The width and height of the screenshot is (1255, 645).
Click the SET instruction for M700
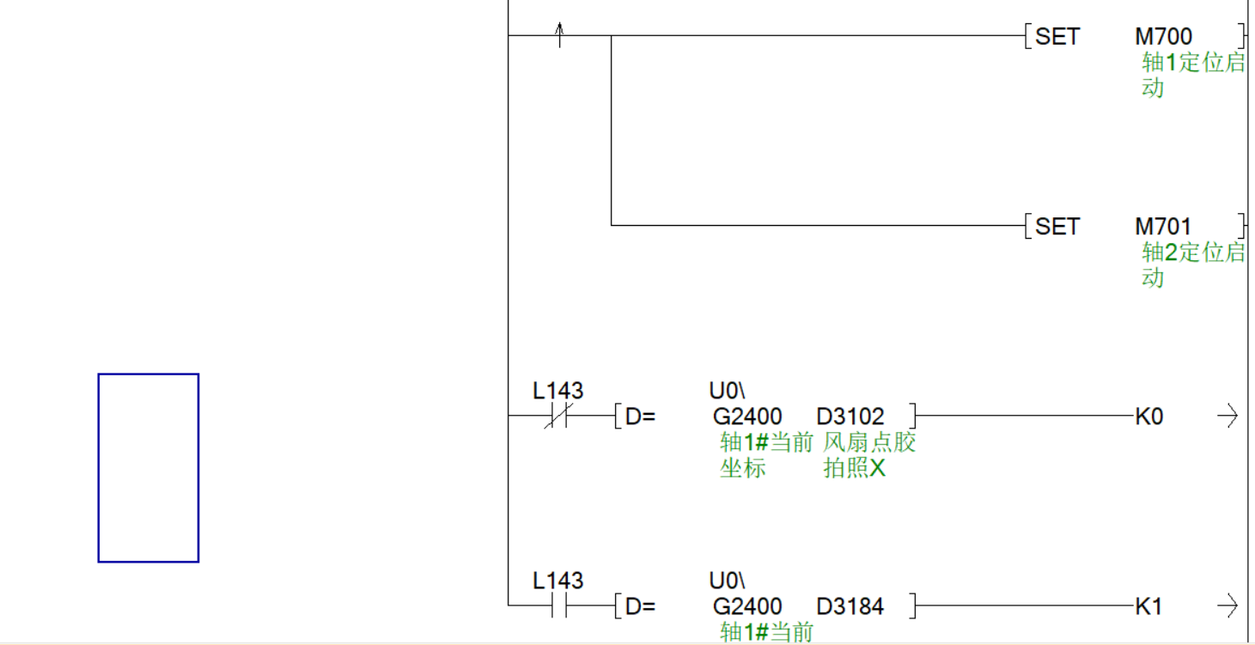coord(1057,37)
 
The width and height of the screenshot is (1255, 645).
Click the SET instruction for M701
coord(1057,227)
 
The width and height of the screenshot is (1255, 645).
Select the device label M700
coord(1163,37)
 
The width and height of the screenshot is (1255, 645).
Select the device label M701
coord(1163,227)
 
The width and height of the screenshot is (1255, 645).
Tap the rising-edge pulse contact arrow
coord(559,35)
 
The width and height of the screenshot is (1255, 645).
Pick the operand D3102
coord(850,417)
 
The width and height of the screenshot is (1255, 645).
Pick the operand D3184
coord(850,606)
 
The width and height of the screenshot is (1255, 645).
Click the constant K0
coord(1148,417)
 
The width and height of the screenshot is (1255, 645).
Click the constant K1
coord(1148,606)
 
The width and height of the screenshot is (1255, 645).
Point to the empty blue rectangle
coord(149,468)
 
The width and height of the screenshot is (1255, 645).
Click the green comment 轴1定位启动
coord(1192,75)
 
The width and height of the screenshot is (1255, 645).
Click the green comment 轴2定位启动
coord(1192,265)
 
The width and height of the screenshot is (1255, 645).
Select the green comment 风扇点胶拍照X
coord(869,455)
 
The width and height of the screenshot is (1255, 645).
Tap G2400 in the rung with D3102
coord(747,417)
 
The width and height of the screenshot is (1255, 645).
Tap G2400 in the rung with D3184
coord(747,606)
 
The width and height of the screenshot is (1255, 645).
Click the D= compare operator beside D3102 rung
coord(640,417)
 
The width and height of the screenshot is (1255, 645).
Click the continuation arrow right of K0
coord(1228,417)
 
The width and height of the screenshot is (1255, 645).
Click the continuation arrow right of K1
coord(1228,606)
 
